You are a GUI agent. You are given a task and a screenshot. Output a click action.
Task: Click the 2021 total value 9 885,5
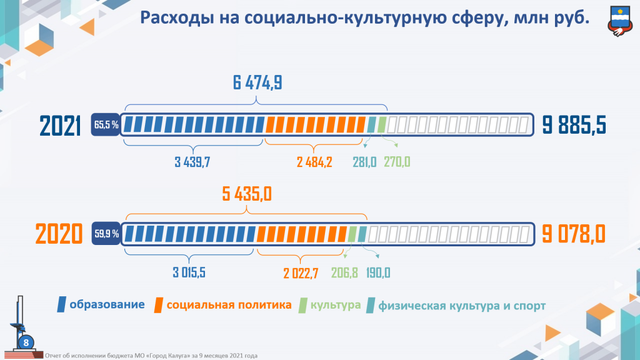point(574,126)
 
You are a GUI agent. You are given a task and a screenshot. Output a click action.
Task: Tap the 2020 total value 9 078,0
point(574,234)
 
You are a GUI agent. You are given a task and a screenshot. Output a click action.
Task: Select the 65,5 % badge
point(106,125)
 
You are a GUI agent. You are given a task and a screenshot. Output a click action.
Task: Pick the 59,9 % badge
point(106,234)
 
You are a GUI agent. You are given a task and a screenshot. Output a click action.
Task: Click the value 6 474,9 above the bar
point(257,83)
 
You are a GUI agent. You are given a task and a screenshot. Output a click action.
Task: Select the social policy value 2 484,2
point(314,162)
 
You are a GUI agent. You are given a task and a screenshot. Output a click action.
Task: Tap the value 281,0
point(364,162)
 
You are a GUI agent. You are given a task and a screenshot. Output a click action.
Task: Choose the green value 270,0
point(397,162)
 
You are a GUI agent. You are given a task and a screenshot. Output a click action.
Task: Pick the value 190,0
point(378,272)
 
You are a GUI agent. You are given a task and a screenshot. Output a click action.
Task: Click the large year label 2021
point(61,126)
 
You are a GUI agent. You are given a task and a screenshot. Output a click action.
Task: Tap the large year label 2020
point(59,235)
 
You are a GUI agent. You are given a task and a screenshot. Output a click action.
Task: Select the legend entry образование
point(107,305)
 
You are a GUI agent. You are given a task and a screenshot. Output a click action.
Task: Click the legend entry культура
point(336,305)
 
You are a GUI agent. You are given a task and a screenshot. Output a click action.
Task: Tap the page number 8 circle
point(26,342)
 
